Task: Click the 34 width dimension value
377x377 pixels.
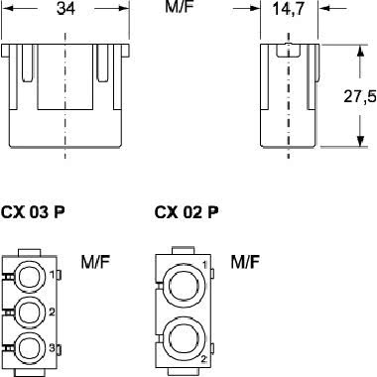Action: [65, 8]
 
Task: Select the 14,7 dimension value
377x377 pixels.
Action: [288, 9]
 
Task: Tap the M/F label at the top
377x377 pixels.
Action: [179, 7]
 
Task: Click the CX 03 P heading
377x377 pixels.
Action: [33, 212]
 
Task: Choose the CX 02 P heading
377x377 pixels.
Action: [187, 212]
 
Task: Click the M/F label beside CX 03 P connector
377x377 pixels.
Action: [95, 262]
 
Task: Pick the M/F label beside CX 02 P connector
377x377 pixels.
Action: [245, 262]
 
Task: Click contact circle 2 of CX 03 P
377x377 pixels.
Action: [31, 313]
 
